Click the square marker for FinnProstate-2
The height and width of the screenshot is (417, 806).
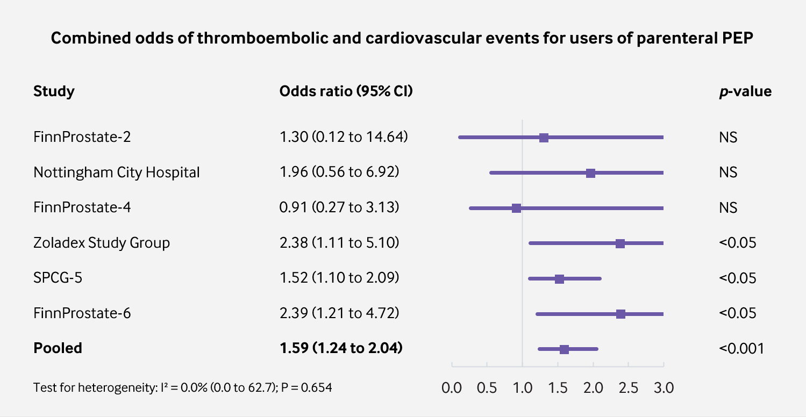coord(544,138)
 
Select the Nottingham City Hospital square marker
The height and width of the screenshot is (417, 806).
coord(590,173)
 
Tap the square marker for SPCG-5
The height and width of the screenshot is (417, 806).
coord(559,278)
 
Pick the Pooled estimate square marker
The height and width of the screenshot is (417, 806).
coord(564,349)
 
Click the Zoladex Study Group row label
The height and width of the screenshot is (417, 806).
coord(102,243)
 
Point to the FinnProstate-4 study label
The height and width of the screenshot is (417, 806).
coord(82,207)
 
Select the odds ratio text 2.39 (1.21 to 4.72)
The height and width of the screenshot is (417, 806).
coord(339,313)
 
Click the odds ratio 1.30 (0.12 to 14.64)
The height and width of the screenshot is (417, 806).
coord(344,137)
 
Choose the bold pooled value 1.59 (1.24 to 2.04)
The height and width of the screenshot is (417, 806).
coord(341,348)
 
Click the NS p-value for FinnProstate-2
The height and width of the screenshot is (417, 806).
coord(728,137)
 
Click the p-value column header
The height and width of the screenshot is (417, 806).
coord(745,91)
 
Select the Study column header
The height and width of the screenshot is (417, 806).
coord(54,91)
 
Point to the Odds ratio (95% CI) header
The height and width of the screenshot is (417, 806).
coord(346,91)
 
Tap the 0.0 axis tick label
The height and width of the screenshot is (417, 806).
coord(452,387)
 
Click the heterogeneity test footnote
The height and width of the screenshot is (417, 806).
coord(182,387)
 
